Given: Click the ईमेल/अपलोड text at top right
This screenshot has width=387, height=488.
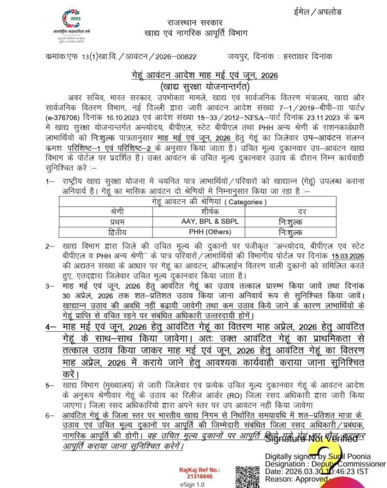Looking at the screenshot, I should (324, 12).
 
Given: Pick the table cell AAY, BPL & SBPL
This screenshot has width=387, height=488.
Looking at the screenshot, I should (210, 222).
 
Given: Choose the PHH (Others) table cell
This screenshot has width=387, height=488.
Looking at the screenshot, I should (210, 233).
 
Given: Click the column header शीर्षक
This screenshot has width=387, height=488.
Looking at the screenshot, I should (210, 211).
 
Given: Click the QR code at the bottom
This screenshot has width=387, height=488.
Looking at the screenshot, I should (247, 477).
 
